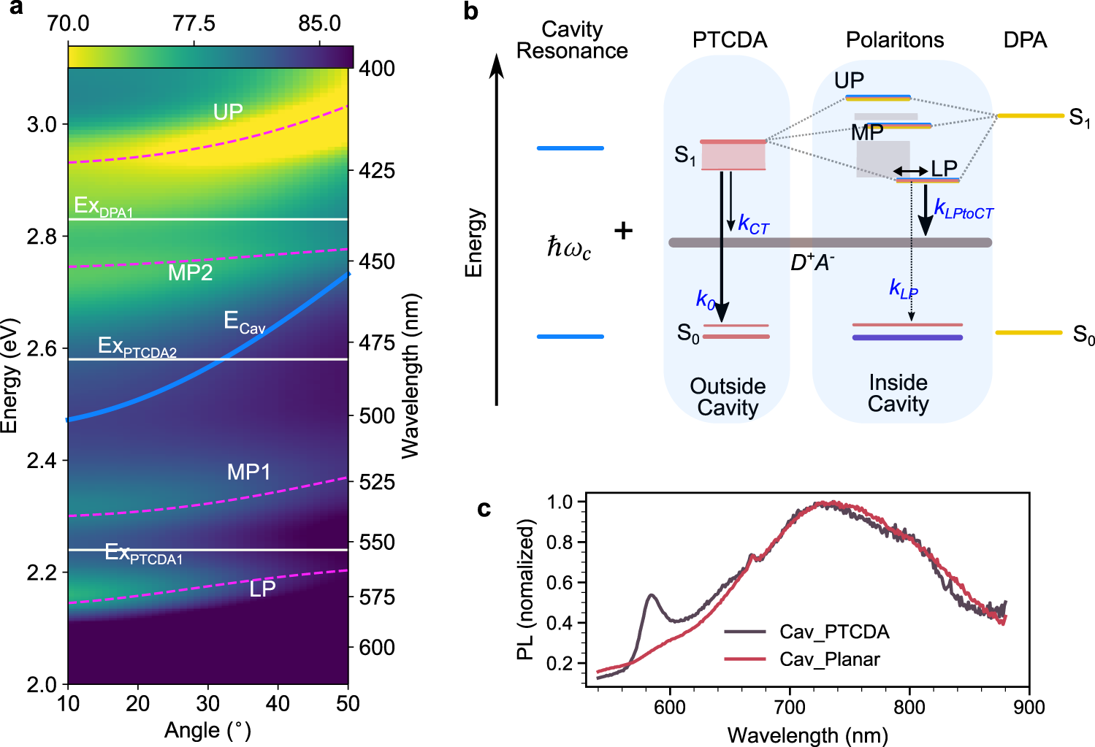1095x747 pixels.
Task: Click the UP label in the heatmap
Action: point(228,112)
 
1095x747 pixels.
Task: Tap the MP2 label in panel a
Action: point(190,272)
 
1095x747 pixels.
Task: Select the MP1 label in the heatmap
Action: point(248,472)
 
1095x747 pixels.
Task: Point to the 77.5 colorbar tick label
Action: point(194,23)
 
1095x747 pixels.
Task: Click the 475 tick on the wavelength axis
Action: point(377,342)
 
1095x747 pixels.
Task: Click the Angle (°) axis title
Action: point(207,730)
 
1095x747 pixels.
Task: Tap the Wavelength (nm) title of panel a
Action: point(411,375)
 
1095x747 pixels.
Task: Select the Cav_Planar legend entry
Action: point(830,659)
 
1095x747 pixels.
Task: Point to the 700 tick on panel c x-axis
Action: point(790,707)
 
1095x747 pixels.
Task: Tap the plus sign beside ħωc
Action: point(623,231)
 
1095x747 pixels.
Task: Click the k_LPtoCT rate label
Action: point(964,210)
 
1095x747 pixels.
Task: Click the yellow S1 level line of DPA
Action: point(1030,115)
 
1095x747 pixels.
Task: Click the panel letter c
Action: point(484,508)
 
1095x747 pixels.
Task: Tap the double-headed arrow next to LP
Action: point(910,171)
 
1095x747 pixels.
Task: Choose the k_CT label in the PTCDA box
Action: point(754,224)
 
